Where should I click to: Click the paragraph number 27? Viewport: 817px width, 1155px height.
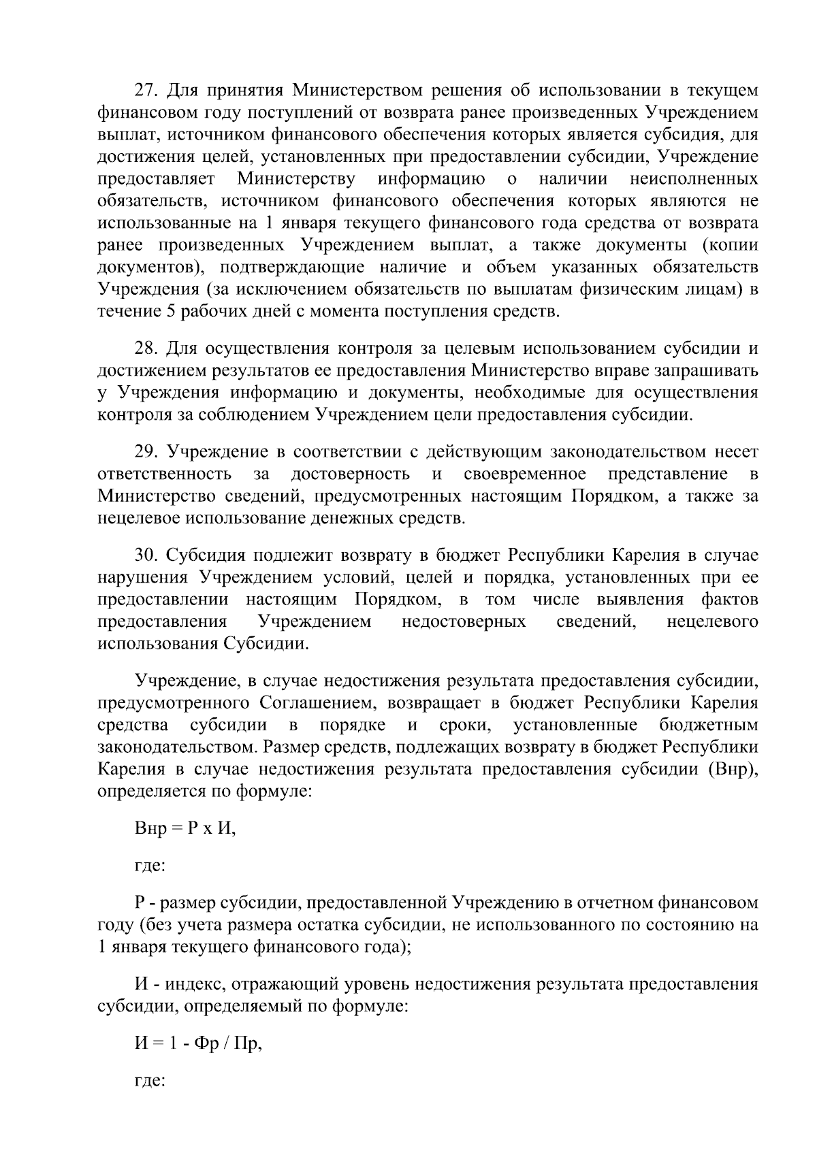pyautogui.click(x=146, y=91)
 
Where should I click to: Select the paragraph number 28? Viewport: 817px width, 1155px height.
pyautogui.click(x=146, y=349)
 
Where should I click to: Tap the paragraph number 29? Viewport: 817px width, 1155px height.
pyautogui.click(x=146, y=453)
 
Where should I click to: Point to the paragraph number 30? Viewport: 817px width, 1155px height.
pyautogui.click(x=146, y=556)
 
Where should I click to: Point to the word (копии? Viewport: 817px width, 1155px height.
pyautogui.click(x=730, y=244)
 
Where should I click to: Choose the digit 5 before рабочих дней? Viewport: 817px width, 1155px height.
pyautogui.click(x=169, y=312)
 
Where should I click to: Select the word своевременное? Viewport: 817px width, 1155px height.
pyautogui.click(x=525, y=474)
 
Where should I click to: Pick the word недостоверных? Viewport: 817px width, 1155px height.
pyautogui.click(x=464, y=621)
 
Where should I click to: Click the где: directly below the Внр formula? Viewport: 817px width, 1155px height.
pyautogui.click(x=149, y=866)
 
